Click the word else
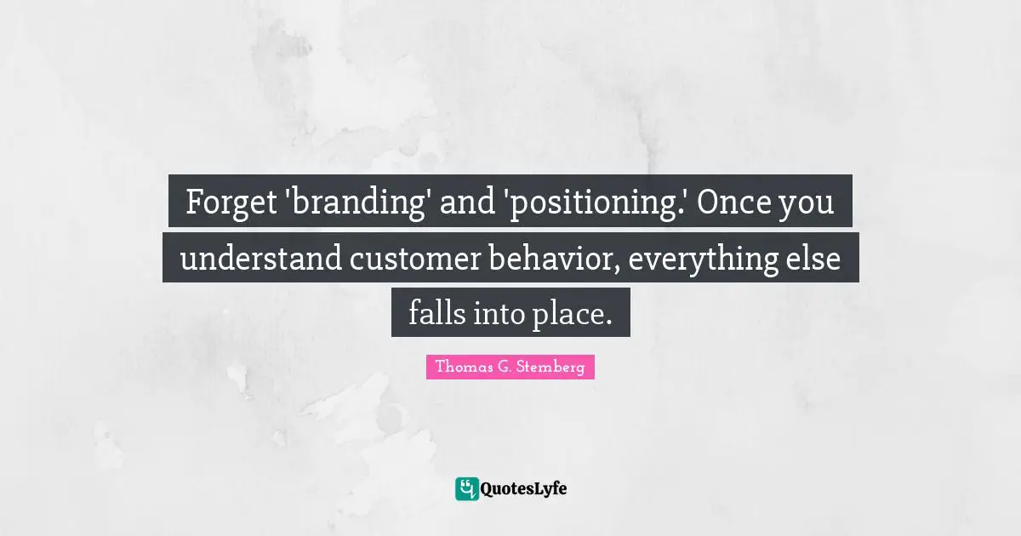tap(814, 259)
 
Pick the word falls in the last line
tap(435, 314)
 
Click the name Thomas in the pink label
tap(459, 368)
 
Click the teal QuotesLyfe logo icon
tap(466, 488)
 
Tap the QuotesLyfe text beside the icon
tap(524, 488)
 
